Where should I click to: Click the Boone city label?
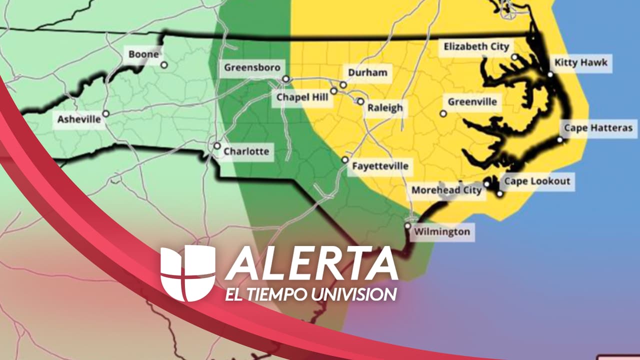click(144, 54)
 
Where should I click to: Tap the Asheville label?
click(79, 120)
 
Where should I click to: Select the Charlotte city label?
click(246, 151)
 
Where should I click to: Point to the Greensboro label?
click(252, 67)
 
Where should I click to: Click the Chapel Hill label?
click(303, 97)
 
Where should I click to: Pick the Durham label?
click(367, 73)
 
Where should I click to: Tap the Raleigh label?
click(385, 108)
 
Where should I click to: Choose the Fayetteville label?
click(380, 166)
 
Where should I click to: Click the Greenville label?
click(472, 102)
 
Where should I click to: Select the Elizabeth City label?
click(476, 47)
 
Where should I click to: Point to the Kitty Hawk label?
click(581, 63)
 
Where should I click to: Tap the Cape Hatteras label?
click(598, 128)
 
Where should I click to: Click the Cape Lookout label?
click(537, 181)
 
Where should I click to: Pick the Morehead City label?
click(446, 190)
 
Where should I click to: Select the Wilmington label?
click(442, 232)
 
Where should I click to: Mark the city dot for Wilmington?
click(408, 226)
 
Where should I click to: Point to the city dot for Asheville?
click(105, 114)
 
